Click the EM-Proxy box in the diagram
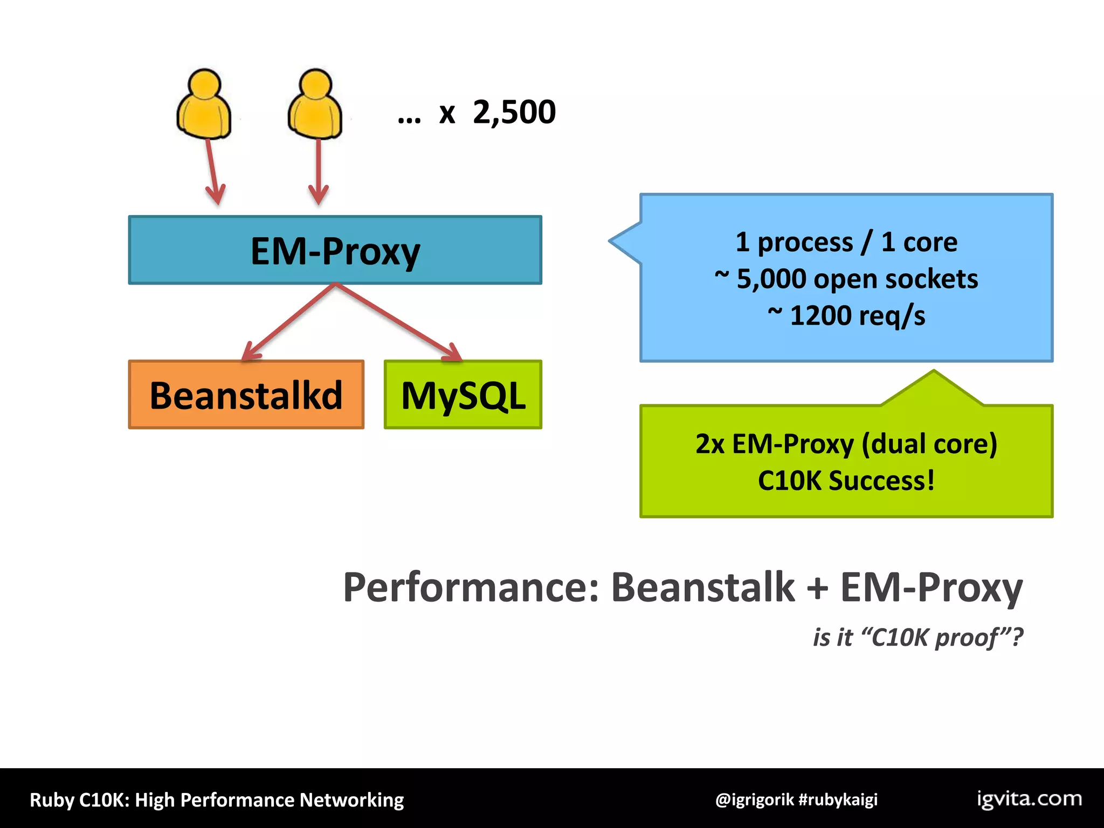point(335,251)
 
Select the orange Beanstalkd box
point(246,395)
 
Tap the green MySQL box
point(463,395)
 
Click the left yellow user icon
point(204,105)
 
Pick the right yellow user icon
point(315,105)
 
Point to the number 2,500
point(514,112)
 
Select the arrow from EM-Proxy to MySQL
point(399,322)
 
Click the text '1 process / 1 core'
point(846,242)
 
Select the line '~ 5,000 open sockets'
point(846,279)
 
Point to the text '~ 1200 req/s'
point(846,315)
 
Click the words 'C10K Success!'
point(846,480)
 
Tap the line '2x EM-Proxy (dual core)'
point(846,444)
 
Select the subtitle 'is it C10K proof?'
point(917,637)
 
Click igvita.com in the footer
point(1029,799)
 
